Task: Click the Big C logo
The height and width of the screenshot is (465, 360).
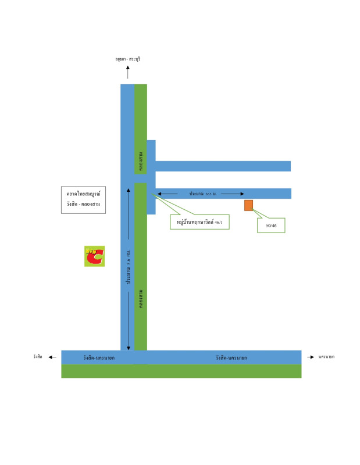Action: pos(94,256)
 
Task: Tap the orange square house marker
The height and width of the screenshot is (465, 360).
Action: pos(248,205)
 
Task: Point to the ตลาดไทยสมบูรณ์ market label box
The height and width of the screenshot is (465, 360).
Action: pos(84,200)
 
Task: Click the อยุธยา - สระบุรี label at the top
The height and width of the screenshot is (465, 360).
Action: pos(128,59)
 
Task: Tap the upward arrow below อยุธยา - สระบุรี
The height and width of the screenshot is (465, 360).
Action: pos(128,72)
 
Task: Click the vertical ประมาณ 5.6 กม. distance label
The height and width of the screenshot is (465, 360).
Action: pos(128,267)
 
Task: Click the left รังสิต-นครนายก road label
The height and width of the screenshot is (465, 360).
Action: pos(99,357)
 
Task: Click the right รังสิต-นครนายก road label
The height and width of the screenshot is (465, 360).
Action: pos(231,357)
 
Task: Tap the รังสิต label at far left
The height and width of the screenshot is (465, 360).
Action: pos(38,356)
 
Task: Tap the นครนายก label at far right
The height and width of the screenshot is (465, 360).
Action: pos(327,356)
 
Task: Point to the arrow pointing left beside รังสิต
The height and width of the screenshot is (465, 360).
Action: pos(52,357)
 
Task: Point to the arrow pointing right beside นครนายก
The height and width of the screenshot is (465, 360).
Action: pos(311,357)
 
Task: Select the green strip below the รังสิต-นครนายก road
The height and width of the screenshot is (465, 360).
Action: pos(181,371)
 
